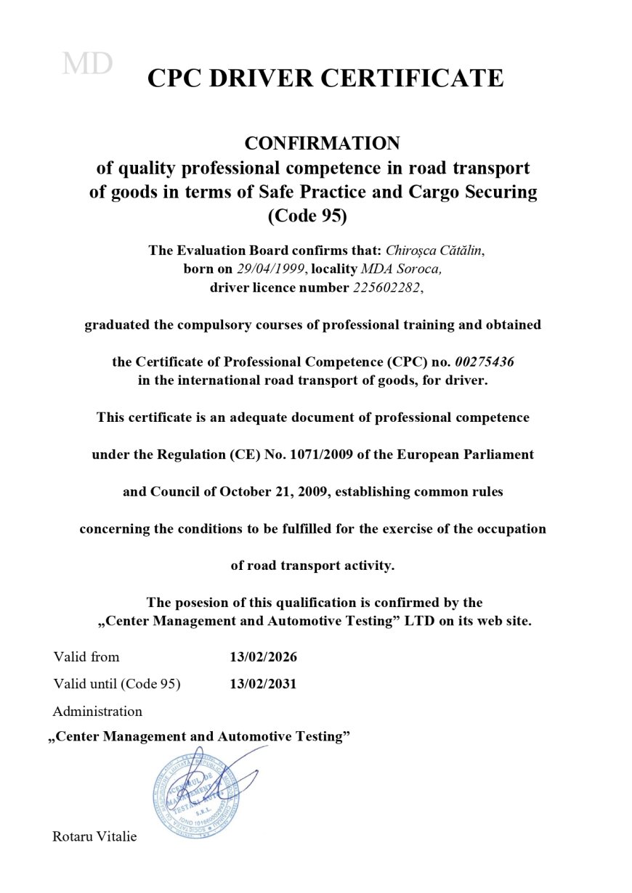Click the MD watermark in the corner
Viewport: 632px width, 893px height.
(x=87, y=64)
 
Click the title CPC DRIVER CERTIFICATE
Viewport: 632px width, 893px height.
(x=325, y=78)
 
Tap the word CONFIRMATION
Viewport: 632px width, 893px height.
(x=322, y=142)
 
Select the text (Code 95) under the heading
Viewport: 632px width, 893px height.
(x=307, y=216)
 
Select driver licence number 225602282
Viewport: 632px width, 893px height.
(x=386, y=288)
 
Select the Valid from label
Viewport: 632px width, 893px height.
(x=86, y=657)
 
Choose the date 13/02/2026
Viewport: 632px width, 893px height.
(x=263, y=657)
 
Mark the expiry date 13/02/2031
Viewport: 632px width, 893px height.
(x=263, y=684)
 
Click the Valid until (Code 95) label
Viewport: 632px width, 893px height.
(x=116, y=684)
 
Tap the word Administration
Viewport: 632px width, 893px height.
(x=97, y=711)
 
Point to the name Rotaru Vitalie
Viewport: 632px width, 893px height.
(x=94, y=836)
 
